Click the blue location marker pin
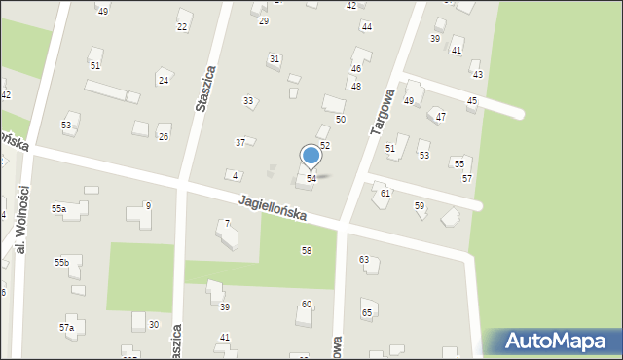pos(311,156)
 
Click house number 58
pos(307,251)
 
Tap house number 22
pos(182,26)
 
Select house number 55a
pos(59,209)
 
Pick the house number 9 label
pos(148,205)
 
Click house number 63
pos(364,260)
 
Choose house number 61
pos(385,194)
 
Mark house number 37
pos(240,143)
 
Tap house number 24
pos(164,80)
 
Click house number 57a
pos(66,328)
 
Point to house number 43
pos(477,75)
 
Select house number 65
pos(367,312)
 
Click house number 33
pos(249,101)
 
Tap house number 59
pos(420,205)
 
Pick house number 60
pos(307,305)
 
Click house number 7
pos(227,224)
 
